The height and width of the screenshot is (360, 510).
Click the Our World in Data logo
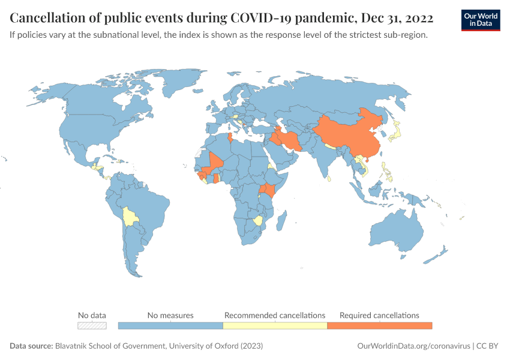tap(480, 20)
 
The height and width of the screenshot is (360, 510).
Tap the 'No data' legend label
tap(92, 315)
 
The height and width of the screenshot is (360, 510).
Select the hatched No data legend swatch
tap(92, 325)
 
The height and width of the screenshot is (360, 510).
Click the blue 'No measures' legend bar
tap(170, 325)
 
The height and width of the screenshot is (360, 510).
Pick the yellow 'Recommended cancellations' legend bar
tap(275, 325)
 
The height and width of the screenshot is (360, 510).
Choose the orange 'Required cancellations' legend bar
tap(379, 325)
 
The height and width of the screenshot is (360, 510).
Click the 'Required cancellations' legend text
tap(379, 315)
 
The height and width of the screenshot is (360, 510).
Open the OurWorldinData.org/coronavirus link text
tap(413, 346)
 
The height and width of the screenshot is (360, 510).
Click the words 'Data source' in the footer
tap(31, 346)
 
